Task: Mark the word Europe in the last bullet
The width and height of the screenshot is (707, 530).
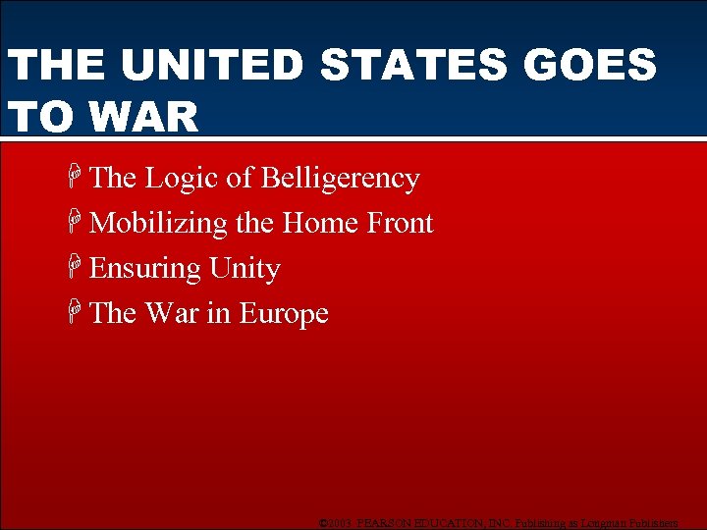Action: click(284, 314)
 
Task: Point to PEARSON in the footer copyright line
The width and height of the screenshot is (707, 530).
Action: click(390, 522)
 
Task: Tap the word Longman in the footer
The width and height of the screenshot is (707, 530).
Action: click(600, 522)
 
